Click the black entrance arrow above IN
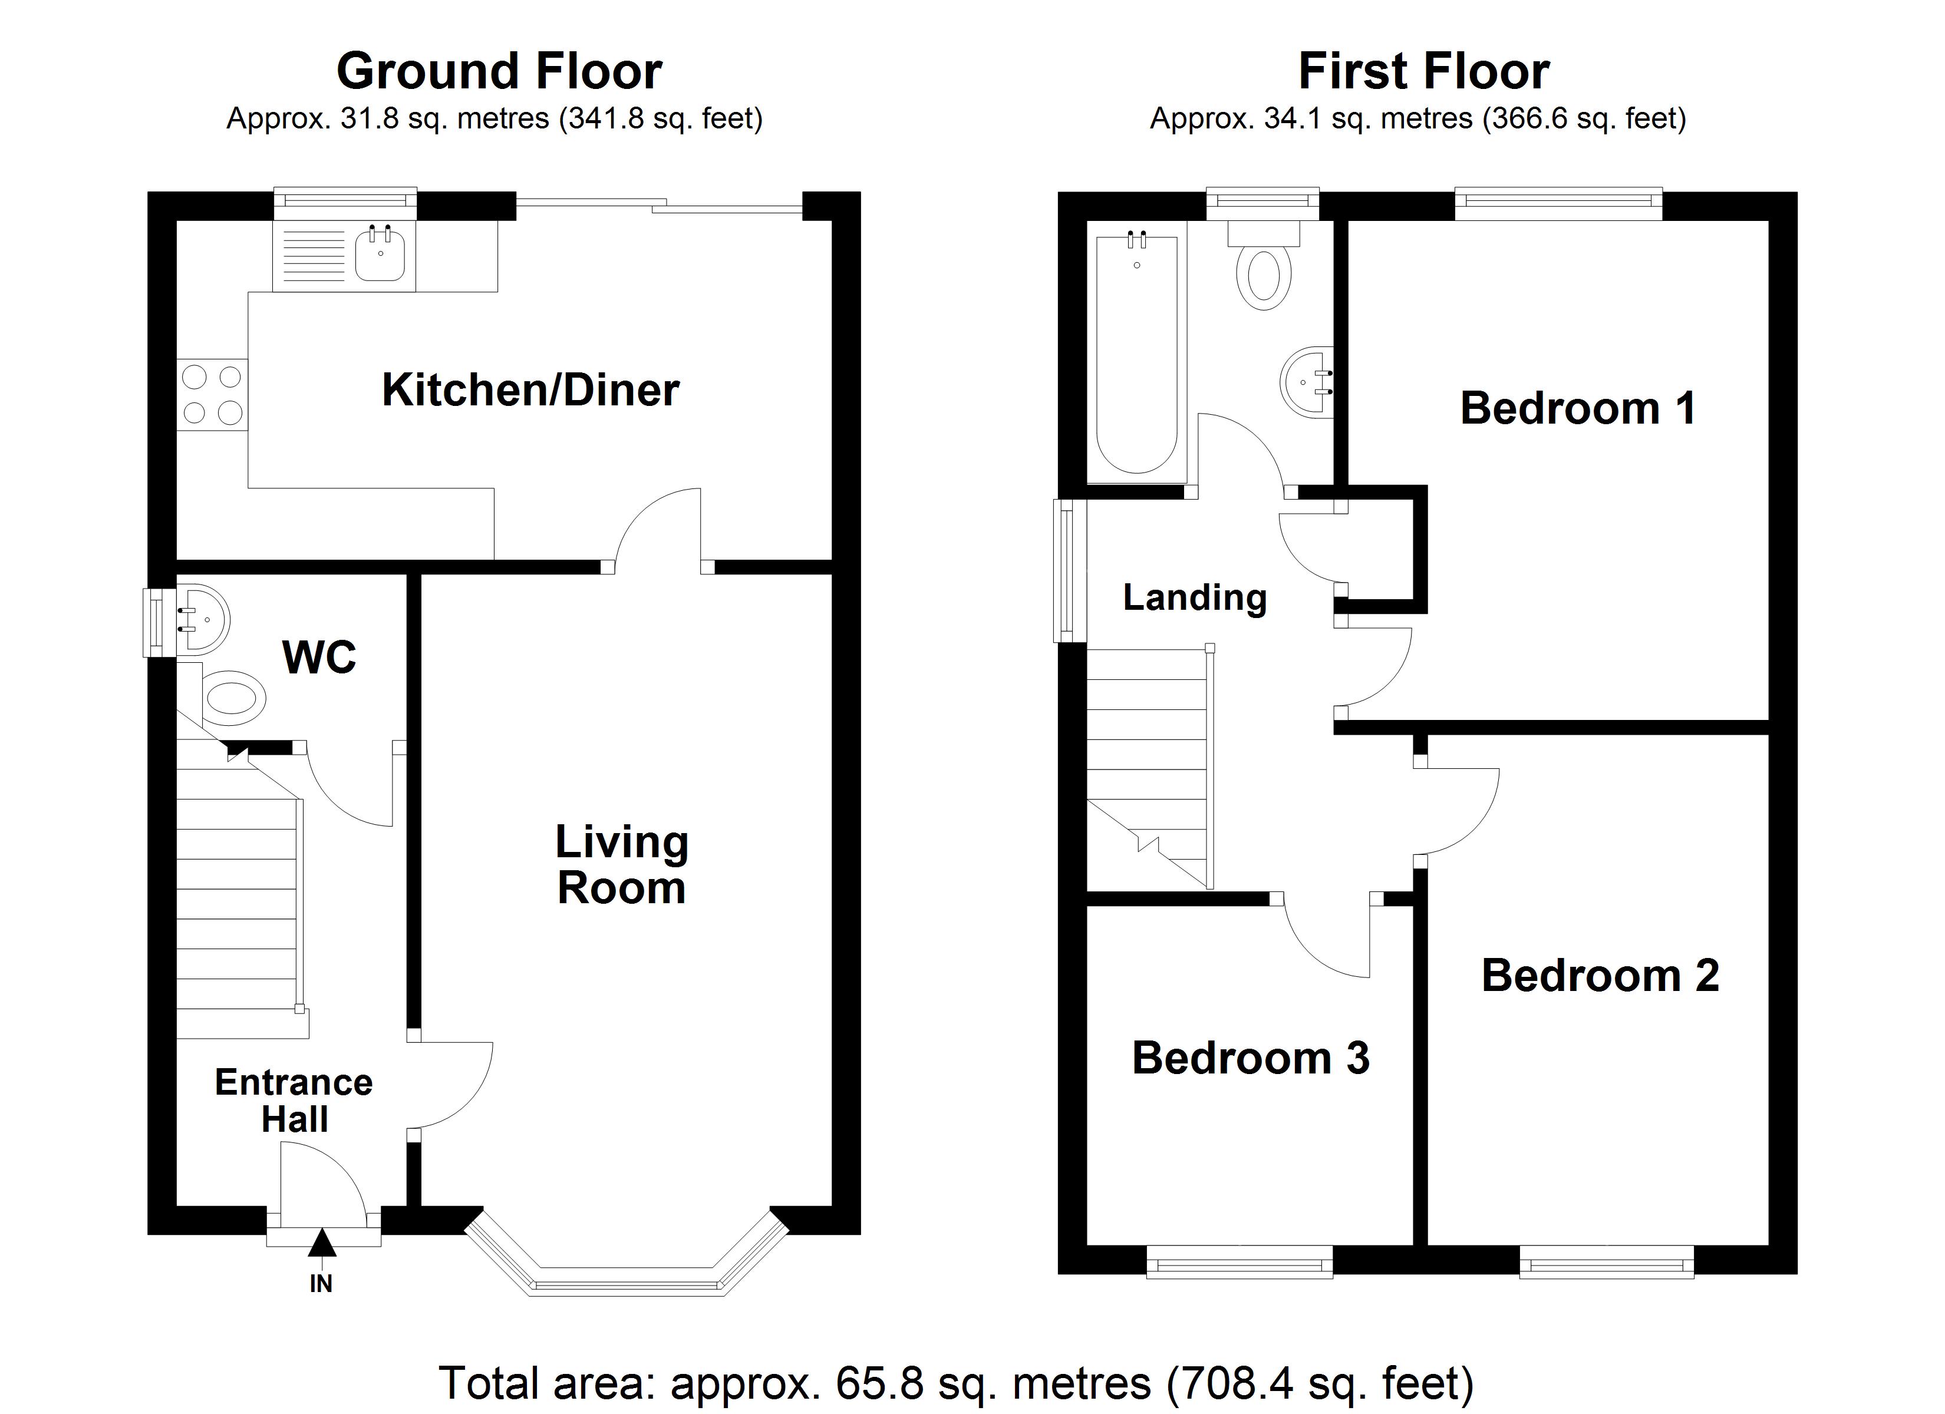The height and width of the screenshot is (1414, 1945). pos(322,1243)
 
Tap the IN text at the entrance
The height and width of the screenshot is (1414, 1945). pos(321,1284)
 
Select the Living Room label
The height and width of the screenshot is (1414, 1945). pos(622,864)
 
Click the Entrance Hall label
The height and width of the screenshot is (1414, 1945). pos(294,1101)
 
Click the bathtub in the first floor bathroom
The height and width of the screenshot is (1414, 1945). pos(1137,352)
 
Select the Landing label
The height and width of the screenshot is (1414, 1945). pos(1195,597)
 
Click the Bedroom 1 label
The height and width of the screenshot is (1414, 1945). pos(1578,408)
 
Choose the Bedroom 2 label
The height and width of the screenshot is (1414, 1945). pos(1600,976)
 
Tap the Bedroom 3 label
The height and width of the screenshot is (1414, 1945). pos(1250,1058)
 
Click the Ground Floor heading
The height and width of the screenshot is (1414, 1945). pos(499,71)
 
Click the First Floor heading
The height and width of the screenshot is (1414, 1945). pos(1423,71)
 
